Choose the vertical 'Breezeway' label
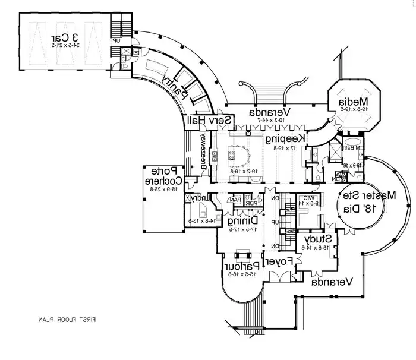(x=203, y=151)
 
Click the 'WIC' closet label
(x=311, y=198)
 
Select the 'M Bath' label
(x=355, y=147)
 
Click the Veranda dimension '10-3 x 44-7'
(x=269, y=121)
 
